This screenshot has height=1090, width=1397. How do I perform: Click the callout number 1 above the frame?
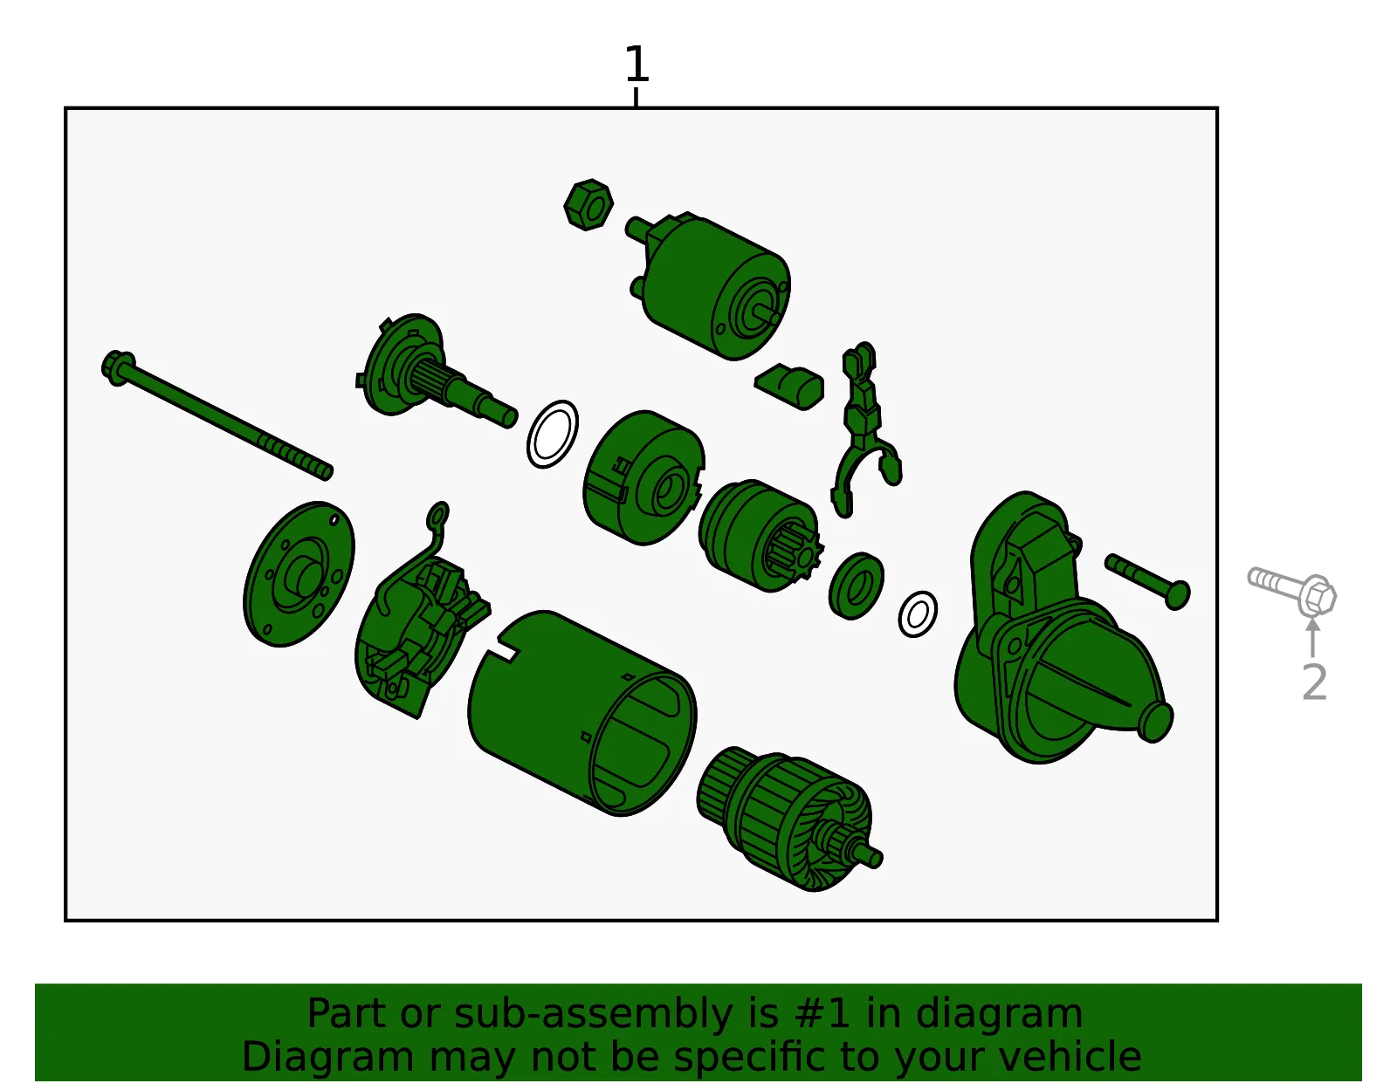637,65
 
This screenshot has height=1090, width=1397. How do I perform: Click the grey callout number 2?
1314,682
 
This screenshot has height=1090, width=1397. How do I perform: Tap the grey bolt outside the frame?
1292,590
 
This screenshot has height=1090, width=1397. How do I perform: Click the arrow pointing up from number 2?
1313,637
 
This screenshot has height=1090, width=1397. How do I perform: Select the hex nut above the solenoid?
588,205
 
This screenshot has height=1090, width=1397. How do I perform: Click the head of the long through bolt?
118,368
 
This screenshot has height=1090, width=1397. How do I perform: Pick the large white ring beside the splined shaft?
552,435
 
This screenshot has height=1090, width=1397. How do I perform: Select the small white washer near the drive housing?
918,614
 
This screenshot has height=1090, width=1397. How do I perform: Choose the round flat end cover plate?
299,574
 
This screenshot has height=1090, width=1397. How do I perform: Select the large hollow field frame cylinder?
582,713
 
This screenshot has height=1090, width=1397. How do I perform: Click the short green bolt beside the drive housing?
1147,581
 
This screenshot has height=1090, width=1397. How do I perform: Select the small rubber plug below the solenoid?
789,386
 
